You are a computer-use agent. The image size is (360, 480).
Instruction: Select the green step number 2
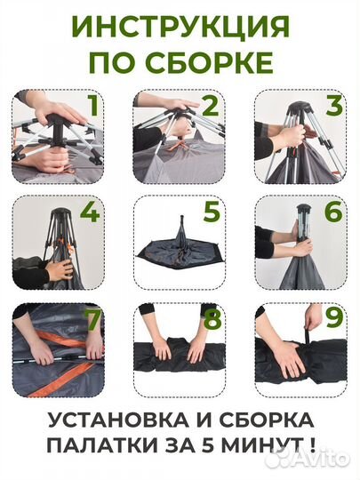[210, 107]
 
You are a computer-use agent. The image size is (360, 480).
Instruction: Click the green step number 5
[210, 214]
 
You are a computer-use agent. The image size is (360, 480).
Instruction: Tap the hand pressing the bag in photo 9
[288, 357]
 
